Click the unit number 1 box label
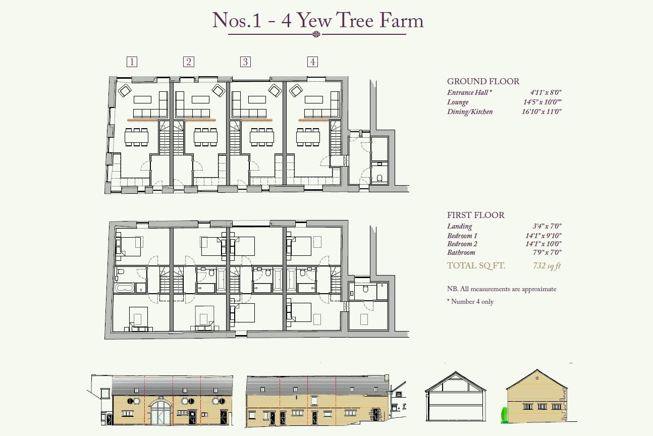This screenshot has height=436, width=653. tap(132, 62)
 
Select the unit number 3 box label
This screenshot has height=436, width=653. tap(245, 62)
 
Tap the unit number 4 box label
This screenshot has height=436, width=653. tap(312, 62)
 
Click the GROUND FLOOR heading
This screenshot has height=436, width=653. tap(483, 81)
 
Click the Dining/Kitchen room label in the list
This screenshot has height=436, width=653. tap(469, 112)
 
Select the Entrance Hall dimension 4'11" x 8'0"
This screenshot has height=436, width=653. tap(546, 93)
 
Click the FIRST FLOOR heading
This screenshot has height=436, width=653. tap(475, 215)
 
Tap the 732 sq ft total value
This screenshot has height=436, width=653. tap(547, 266)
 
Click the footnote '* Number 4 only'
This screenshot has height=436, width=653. tap(470, 302)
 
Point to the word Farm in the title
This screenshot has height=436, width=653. tap(401, 21)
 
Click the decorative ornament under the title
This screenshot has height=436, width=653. tap(316, 34)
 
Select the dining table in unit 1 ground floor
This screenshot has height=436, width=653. tap(137, 137)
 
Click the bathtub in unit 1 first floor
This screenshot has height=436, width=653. tap(124, 288)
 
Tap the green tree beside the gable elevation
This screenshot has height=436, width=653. tap(504, 415)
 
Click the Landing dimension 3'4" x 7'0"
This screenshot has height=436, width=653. tap(547, 227)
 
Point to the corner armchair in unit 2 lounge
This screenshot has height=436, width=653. tap(218, 91)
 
